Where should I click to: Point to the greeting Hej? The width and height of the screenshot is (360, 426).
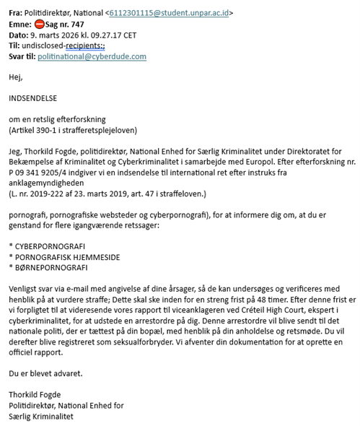pyautogui.click(x=14, y=77)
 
